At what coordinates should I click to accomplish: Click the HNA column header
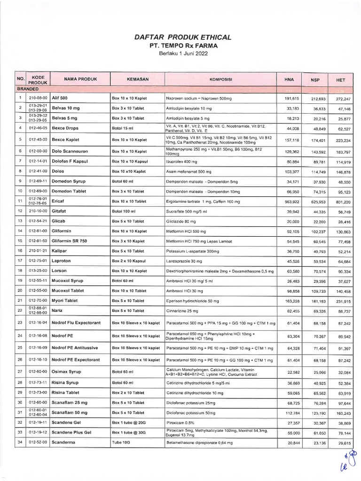pos(289,79)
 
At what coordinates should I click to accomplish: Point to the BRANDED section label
pos(28,88)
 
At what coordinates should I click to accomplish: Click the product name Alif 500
pos(60,98)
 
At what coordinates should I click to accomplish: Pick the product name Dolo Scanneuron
pos(71,151)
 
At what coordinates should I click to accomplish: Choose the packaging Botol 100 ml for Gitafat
pos(125,211)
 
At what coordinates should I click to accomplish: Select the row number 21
pos(20,301)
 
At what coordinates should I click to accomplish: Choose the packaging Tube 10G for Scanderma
pos(121,442)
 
